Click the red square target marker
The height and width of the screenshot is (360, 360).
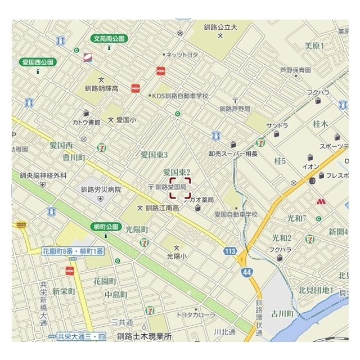click(181, 188)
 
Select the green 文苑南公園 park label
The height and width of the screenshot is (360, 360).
click(110, 39)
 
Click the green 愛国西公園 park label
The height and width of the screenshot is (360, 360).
click(38, 62)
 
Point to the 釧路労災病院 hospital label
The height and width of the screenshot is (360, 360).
click(101, 190)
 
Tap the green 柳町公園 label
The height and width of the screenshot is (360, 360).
click(106, 227)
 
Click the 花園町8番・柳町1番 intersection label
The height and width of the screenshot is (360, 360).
click(73, 250)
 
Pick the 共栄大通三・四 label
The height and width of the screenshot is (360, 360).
click(82, 336)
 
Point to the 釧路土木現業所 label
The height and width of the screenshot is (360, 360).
click(144, 336)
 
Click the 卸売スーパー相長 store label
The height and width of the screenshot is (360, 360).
click(232, 154)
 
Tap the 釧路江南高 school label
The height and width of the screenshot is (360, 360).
click(162, 208)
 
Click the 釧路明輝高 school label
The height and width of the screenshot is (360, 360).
click(101, 88)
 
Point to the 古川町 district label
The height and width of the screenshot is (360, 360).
click(282, 313)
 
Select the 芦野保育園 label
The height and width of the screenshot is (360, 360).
click(295, 70)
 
